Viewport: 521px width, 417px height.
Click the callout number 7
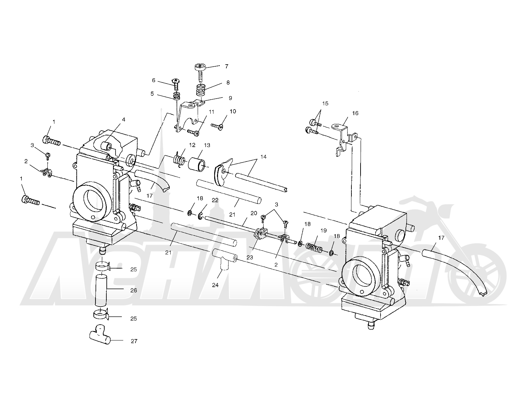coord(226,66)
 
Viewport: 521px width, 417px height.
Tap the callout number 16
coord(355,113)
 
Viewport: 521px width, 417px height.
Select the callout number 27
coord(134,341)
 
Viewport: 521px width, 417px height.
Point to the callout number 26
coord(134,290)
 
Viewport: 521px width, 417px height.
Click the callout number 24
coord(215,285)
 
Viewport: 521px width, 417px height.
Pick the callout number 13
coord(207,145)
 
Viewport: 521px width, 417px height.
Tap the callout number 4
coord(124,120)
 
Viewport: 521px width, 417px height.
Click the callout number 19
coord(324,231)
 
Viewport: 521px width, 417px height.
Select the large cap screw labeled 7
coord(200,73)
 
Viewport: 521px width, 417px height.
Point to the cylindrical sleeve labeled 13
coord(197,165)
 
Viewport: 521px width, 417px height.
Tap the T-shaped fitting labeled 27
coord(100,335)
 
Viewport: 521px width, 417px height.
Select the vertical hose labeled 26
coord(101,290)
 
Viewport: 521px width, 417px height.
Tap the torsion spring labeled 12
coord(179,160)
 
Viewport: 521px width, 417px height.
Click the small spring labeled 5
coord(177,96)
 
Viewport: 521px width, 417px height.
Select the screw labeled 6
coord(176,84)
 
